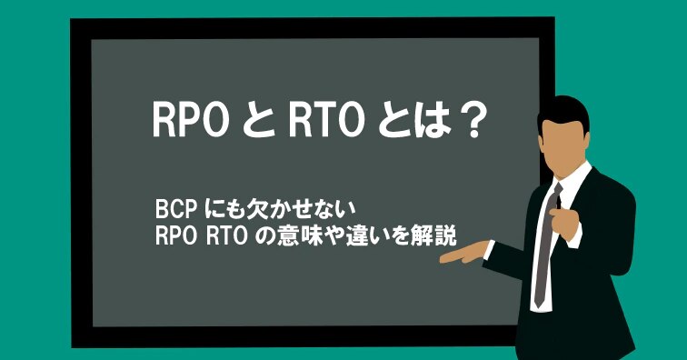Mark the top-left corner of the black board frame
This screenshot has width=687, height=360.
pyautogui.click(x=75, y=22)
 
